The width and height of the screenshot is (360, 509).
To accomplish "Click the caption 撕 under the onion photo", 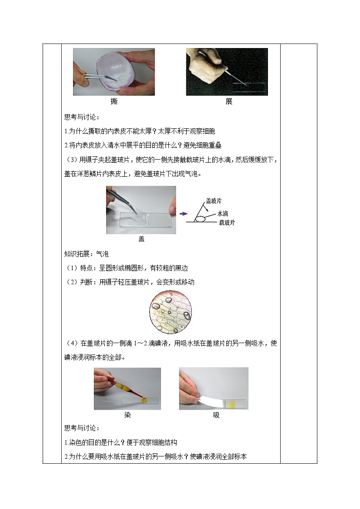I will point(114,102).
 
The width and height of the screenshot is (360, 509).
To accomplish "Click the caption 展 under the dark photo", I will point(229,102).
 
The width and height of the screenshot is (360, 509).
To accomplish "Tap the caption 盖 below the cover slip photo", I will point(141,239).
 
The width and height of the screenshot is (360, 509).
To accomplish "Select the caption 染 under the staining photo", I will point(127,415).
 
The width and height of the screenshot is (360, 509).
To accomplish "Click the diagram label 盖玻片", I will point(214,201).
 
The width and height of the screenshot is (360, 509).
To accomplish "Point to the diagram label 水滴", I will point(223,213).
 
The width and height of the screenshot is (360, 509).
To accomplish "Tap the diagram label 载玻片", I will point(227,223).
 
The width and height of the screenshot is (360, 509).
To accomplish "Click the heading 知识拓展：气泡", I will point(87,254).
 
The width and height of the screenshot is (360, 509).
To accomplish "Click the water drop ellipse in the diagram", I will point(200,219).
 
